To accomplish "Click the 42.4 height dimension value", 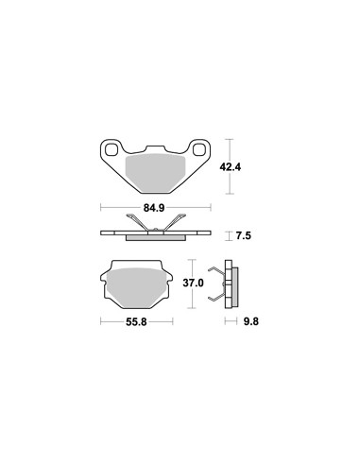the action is [231, 167].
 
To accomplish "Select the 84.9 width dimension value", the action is [154, 208].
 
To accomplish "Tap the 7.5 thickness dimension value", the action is [244, 235].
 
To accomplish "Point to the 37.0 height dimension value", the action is [193, 283].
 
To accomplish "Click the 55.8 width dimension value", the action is [136, 322].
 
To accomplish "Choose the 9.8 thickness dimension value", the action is [251, 321].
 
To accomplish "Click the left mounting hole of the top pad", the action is [111, 149].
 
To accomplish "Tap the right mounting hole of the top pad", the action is [199, 149].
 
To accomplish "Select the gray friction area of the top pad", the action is [155, 173].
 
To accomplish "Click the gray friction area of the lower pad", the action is [137, 287].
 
